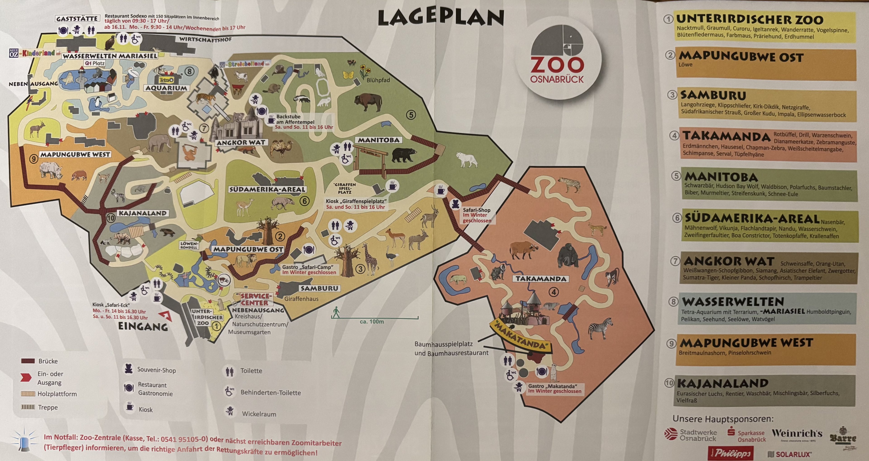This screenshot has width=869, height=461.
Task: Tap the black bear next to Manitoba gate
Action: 404,155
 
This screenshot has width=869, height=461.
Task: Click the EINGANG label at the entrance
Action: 143,327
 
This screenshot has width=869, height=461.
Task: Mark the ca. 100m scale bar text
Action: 372,322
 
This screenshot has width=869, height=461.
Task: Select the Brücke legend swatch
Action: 28,361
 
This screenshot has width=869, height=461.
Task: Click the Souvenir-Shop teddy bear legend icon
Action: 128,369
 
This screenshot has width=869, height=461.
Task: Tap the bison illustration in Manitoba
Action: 368,102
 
